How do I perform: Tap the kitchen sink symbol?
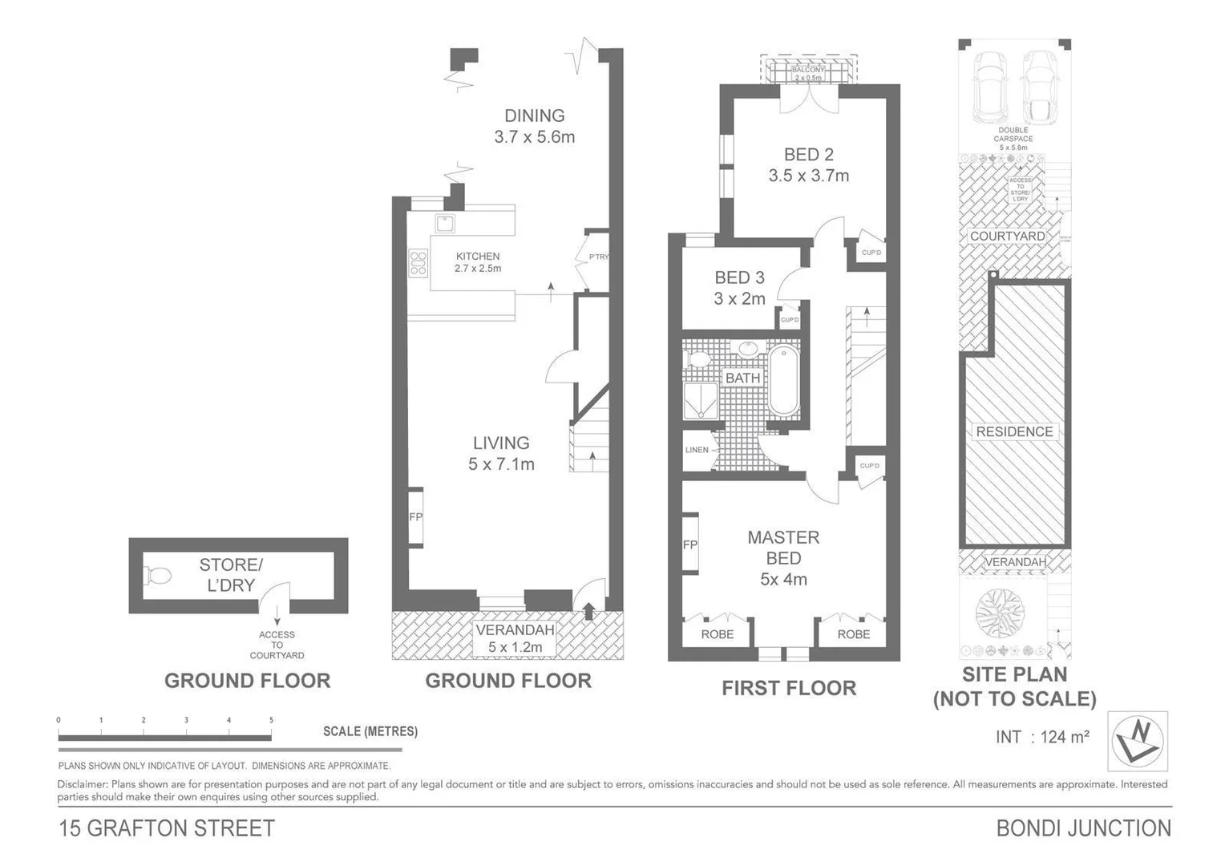pyautogui.click(x=445, y=222)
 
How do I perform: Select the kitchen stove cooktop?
pyautogui.click(x=418, y=263)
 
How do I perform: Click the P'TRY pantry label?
pyautogui.click(x=598, y=257)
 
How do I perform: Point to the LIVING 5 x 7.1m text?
pyautogui.click(x=501, y=453)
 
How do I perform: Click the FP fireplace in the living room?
pyautogui.click(x=415, y=517)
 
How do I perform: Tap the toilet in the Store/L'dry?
pyautogui.click(x=157, y=576)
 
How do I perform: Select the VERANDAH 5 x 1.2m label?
pyautogui.click(x=515, y=638)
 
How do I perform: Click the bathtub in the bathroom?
pyautogui.click(x=783, y=380)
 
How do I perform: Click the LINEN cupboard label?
pyautogui.click(x=697, y=450)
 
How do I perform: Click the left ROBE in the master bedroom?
pyautogui.click(x=717, y=634)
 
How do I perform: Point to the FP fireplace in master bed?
pyautogui.click(x=689, y=545)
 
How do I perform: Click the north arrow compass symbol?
pyautogui.click(x=1138, y=740)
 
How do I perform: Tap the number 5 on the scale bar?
pyautogui.click(x=271, y=720)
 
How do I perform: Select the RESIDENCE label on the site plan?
pyautogui.click(x=1014, y=431)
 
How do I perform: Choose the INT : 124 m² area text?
pyautogui.click(x=1041, y=737)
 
